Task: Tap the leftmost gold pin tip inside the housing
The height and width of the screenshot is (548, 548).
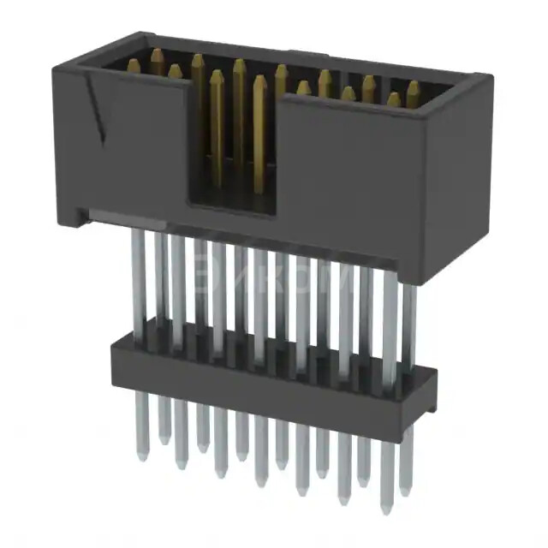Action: (x=134, y=65)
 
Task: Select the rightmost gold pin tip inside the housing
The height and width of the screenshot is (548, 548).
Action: (x=414, y=87)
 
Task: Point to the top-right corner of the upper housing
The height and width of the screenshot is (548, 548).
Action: (x=487, y=79)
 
